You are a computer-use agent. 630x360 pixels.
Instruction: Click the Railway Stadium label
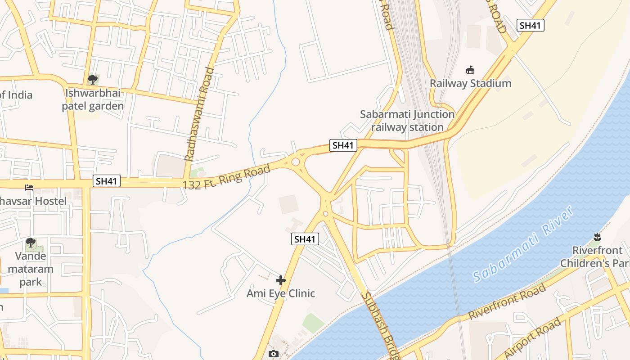tap(470, 83)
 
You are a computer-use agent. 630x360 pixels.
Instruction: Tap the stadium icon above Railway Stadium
tap(470, 70)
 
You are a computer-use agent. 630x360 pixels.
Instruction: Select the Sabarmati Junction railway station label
tap(407, 121)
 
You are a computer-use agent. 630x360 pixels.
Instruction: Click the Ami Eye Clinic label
tap(281, 293)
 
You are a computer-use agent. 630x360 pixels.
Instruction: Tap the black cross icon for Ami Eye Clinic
tap(281, 280)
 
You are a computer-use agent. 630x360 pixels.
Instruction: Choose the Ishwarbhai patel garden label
tap(93, 100)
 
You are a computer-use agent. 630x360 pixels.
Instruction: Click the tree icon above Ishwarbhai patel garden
tap(93, 80)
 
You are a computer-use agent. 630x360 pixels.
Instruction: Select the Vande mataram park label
tap(31, 269)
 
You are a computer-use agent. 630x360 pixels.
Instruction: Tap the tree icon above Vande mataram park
tap(30, 243)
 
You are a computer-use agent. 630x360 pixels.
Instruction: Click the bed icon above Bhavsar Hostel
tap(29, 187)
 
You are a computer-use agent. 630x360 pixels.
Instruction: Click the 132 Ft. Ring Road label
tap(226, 177)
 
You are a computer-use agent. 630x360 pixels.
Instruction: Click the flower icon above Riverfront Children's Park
tap(597, 237)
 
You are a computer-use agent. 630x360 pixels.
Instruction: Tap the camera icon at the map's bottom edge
tap(274, 354)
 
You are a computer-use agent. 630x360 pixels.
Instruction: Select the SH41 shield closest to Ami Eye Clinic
tap(305, 239)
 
